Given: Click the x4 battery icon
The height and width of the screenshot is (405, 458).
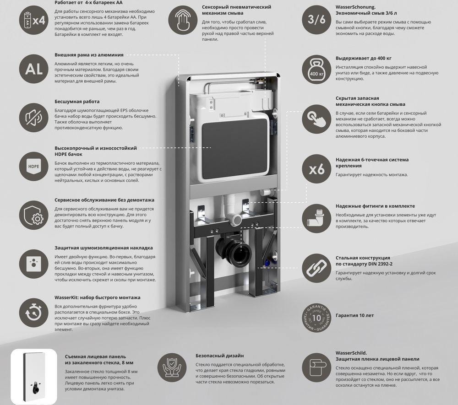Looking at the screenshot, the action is pyautogui.click(x=33, y=21).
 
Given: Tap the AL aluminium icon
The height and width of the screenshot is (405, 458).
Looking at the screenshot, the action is pyautogui.click(x=33, y=69).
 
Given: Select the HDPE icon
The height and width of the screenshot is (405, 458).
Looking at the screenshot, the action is pyautogui.click(x=33, y=166).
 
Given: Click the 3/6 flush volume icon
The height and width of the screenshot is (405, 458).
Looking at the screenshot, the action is pyautogui.click(x=316, y=20).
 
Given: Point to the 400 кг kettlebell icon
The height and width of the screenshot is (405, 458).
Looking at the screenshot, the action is pyautogui.click(x=316, y=70).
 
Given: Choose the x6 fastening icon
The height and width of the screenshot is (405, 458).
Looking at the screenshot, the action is pyautogui.click(x=316, y=169).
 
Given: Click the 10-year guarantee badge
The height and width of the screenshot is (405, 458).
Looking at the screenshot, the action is pyautogui.click(x=316, y=318).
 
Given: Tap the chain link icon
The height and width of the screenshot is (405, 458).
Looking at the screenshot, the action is pyautogui.click(x=316, y=268).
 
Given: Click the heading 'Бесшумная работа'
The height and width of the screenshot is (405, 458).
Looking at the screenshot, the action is pyautogui.click(x=77, y=102).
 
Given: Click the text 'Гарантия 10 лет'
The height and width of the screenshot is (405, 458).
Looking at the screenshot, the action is pyautogui.click(x=354, y=315).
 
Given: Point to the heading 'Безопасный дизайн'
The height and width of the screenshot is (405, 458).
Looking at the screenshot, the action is pyautogui.click(x=220, y=356).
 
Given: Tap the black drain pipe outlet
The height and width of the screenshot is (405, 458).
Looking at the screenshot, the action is pyautogui.click(x=234, y=249).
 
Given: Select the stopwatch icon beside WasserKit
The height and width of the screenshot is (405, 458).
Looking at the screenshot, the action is pyautogui.click(x=33, y=313).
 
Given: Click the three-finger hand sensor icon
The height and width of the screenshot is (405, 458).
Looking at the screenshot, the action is pyautogui.click(x=183, y=20).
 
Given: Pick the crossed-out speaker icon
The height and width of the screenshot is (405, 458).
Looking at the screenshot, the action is pyautogui.click(x=33, y=117).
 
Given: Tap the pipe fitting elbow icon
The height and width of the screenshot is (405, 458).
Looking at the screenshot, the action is pyautogui.click(x=316, y=219).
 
